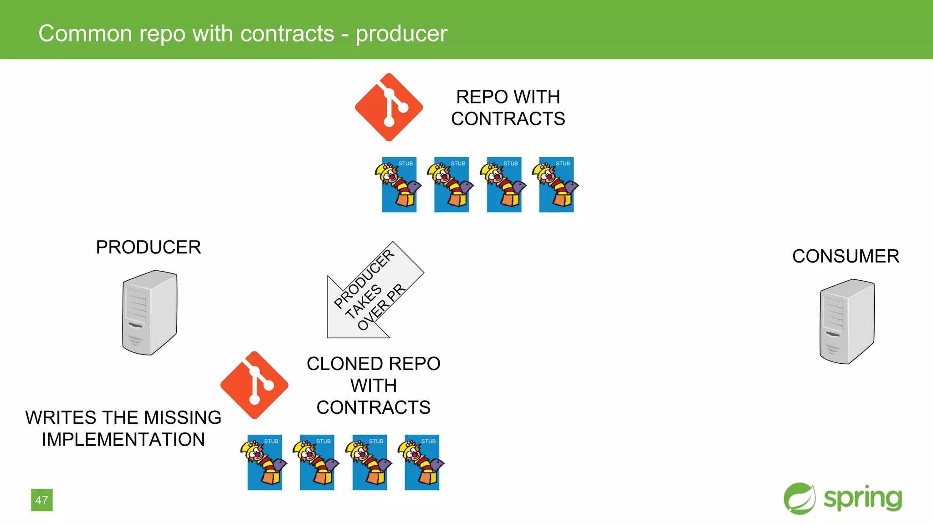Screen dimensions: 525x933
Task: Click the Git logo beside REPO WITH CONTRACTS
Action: (x=389, y=108)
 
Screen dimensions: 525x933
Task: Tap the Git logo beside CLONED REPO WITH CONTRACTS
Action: (x=254, y=385)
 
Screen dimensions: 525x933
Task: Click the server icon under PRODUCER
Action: (x=149, y=313)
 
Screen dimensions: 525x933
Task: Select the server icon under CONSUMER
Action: (x=847, y=321)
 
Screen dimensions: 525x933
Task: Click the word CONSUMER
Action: (x=846, y=256)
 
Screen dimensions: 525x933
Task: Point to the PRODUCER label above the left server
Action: (x=148, y=247)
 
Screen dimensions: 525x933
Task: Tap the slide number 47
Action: (x=42, y=500)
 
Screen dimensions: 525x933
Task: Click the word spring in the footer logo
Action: (x=862, y=498)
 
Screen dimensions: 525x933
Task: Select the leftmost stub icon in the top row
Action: (x=399, y=185)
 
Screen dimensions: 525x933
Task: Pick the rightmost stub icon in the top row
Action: (x=557, y=185)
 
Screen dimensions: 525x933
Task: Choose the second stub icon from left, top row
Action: (x=451, y=185)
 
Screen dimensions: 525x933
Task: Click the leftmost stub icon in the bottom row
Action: (x=265, y=462)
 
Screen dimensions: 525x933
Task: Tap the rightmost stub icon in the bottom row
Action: (x=422, y=462)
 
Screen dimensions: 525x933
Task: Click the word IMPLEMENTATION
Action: (x=123, y=439)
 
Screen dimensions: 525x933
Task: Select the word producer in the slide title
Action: (x=401, y=34)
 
